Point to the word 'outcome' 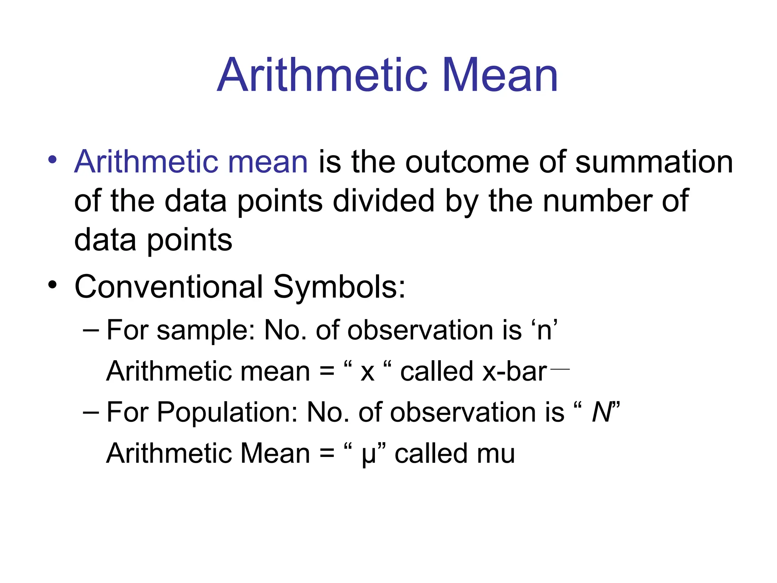pos(467,162)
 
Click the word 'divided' pos(383,201)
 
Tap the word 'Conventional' pos(168,287)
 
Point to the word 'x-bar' pos(514,371)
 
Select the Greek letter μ pos(368,455)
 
